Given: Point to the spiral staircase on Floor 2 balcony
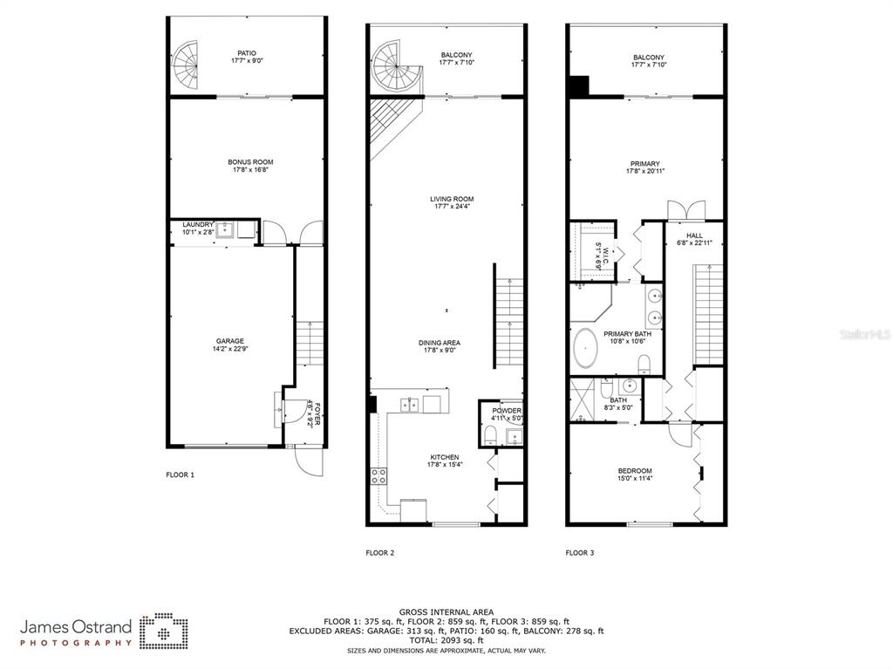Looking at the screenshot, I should pos(393,65).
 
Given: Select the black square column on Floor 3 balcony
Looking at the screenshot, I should pos(577,85).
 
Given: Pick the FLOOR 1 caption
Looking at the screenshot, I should pos(180,475).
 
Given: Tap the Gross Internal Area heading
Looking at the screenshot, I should pos(446,612).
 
